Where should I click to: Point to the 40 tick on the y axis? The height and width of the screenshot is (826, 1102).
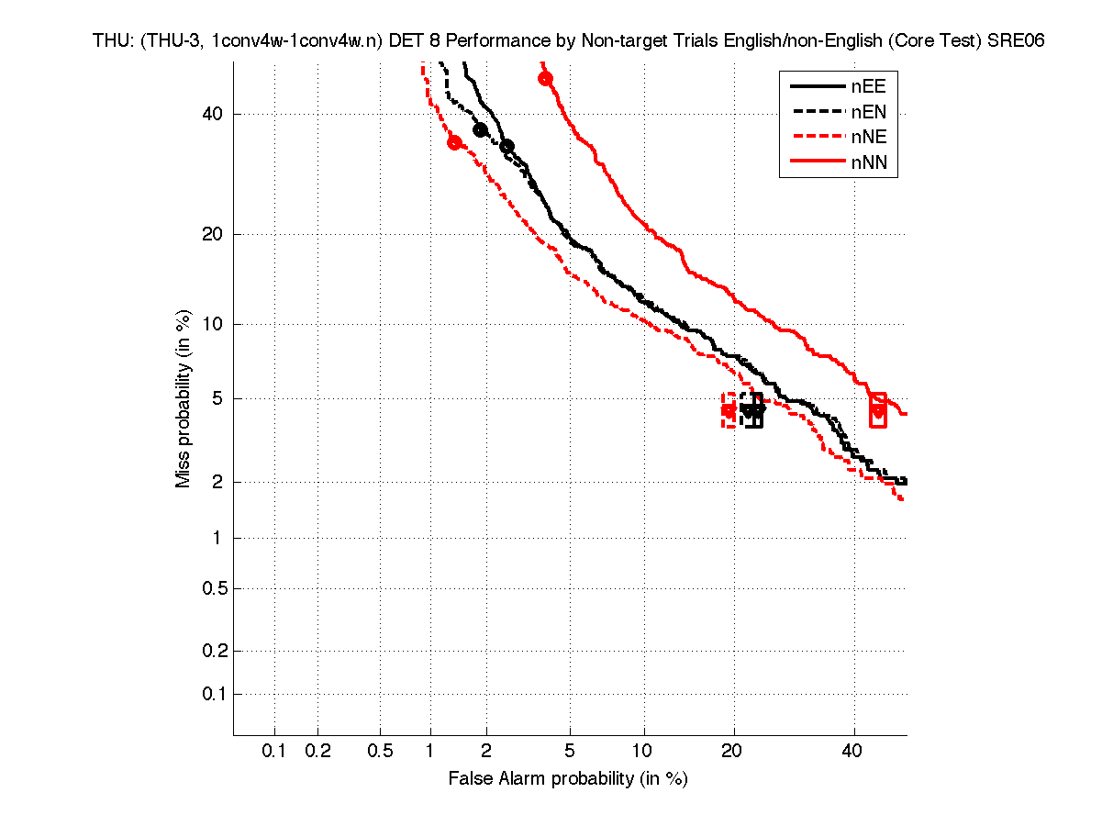[x=214, y=114]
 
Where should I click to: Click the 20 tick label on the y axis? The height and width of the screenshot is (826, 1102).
[x=214, y=234]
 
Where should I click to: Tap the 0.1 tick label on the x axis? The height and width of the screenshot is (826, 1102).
[x=274, y=752]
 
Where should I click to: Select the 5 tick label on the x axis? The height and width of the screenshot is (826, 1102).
[x=570, y=752]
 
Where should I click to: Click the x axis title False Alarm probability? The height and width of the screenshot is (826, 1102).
[x=568, y=779]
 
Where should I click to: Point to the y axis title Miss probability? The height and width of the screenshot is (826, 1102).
[x=184, y=398]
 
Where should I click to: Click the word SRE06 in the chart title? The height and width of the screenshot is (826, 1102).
[x=1017, y=41]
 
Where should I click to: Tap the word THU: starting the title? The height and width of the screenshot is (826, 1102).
[x=112, y=41]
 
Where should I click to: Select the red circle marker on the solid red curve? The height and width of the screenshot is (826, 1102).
[x=545, y=78]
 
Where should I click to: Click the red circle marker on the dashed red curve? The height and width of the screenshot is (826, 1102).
[x=454, y=142]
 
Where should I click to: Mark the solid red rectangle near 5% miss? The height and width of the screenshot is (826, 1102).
[x=878, y=409]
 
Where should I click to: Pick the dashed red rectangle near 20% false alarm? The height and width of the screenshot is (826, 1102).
[x=729, y=410]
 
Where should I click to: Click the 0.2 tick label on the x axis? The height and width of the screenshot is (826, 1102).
[x=317, y=752]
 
